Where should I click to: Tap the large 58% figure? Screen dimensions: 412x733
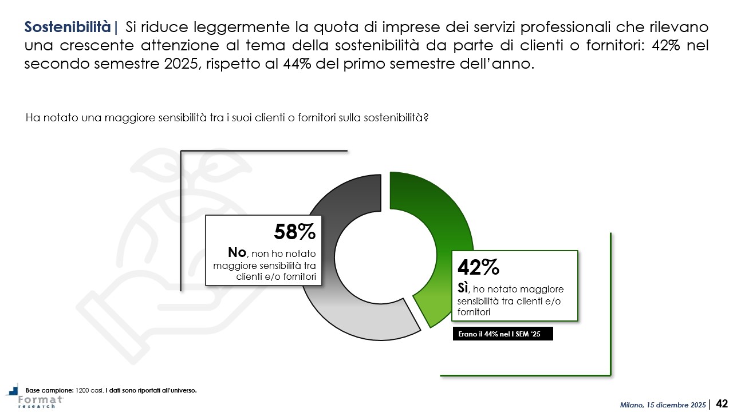coord(294,232)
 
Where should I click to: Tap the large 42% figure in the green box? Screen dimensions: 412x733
coord(478,267)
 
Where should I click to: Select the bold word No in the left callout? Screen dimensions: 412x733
coord(237,252)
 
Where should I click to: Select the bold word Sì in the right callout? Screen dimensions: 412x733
coord(463,288)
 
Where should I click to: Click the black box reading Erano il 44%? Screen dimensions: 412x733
coord(502,334)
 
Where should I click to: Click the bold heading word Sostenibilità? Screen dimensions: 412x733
coord(68,26)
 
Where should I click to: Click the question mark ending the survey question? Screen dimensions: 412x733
coord(427,118)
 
